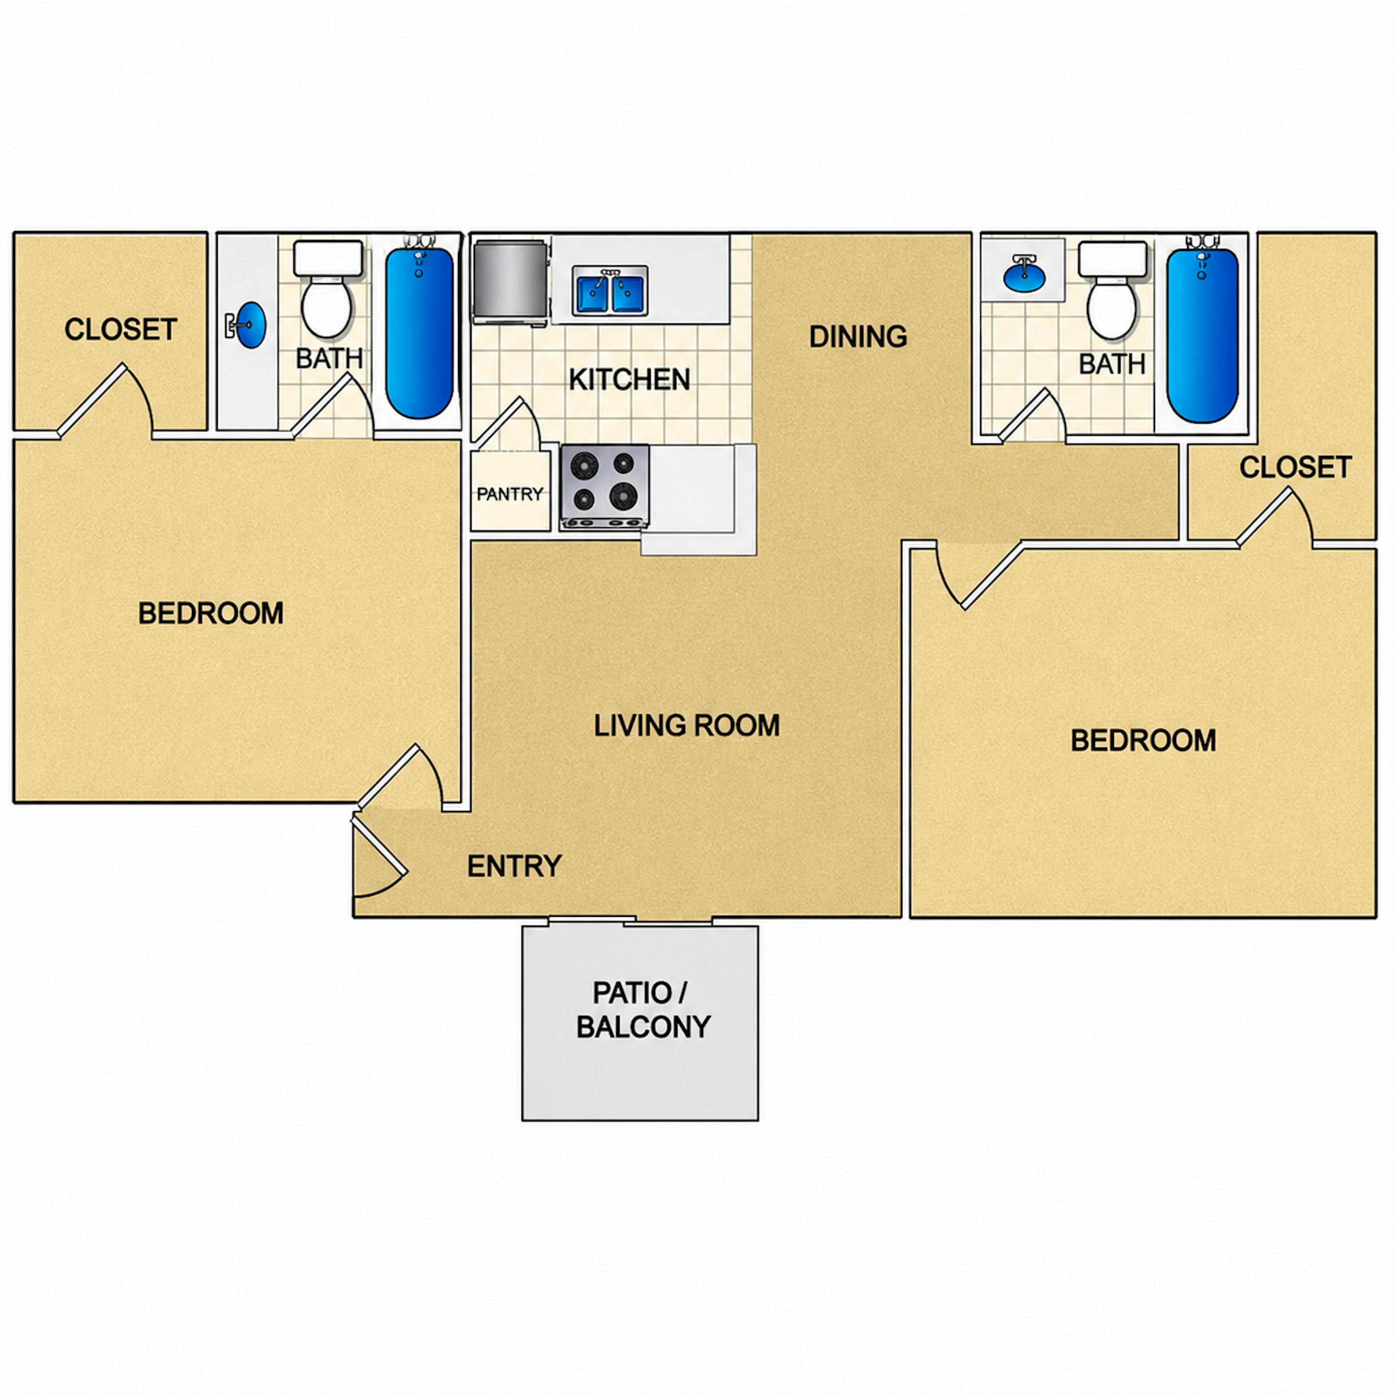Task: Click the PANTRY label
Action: pos(509,494)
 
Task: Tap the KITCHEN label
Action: pos(629,379)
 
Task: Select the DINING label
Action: pos(858,337)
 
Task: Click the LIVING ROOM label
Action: pos(686,726)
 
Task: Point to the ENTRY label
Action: pos(514,866)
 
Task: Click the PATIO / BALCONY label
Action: pos(643,1010)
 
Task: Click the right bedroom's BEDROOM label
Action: pos(1143,741)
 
